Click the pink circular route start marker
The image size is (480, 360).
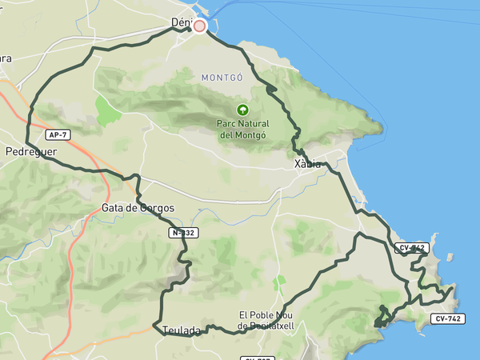pos(200,26)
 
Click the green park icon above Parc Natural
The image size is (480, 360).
pos(242,110)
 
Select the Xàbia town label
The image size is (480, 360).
pos(307,164)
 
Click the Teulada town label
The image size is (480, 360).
pos(180,330)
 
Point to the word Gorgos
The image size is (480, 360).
pos(155,208)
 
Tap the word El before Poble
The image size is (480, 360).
pos(244,315)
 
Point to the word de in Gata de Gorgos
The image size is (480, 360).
pos(133,208)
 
